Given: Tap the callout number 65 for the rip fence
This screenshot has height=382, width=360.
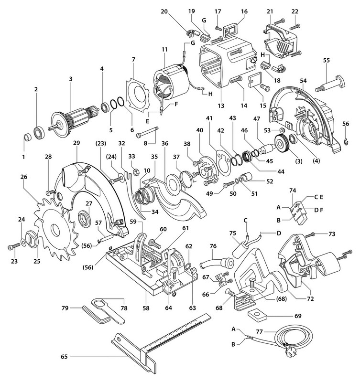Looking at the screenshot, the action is point(64,357).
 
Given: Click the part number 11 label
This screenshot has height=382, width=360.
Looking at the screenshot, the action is point(164,50).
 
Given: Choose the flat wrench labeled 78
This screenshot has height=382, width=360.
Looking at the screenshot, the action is point(109,311).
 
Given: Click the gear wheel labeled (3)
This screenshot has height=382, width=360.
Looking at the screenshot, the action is point(282,144).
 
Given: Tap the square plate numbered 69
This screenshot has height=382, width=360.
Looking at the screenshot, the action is point(257,315).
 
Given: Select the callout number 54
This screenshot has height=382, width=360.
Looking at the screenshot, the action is point(303,81).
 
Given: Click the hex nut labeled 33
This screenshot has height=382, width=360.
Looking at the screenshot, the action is point(136,173).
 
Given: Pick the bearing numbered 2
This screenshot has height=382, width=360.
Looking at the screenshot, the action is point(39,133).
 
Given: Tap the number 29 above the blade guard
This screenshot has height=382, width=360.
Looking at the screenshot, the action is point(76,143).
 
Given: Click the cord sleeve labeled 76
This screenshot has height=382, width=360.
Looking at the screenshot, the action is point(217,263).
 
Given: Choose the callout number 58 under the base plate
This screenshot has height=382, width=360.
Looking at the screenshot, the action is point(146,308).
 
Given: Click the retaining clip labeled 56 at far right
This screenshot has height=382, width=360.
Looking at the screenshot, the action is point(346,141).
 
